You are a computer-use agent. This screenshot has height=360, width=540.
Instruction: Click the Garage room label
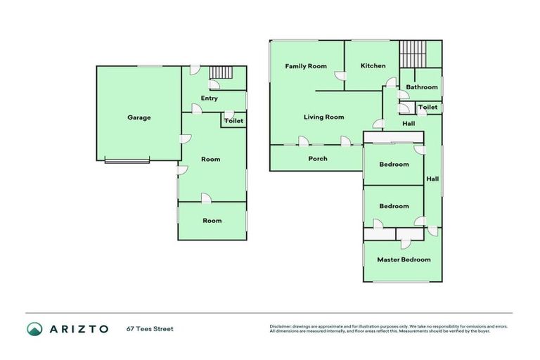pos(139,117)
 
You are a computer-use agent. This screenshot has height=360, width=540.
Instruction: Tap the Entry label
pos(210,98)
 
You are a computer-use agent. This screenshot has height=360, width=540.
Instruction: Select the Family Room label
pos(306,66)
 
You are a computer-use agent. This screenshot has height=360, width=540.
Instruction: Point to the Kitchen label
pos(373,66)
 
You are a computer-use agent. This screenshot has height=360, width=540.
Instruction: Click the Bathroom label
pos(422,87)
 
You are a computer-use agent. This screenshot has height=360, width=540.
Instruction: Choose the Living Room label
pos(324,117)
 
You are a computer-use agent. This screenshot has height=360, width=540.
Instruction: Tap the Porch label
pos(318,159)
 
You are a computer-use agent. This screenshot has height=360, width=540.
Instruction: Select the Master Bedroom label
pos(404,259)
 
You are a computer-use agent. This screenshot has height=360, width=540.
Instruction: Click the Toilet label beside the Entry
pos(234,121)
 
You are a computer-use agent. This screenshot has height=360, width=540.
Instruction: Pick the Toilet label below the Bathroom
pos(428,108)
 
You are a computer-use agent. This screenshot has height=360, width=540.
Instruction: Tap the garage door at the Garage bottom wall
pos(127,162)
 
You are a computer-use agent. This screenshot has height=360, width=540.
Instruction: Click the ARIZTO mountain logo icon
pos(35,328)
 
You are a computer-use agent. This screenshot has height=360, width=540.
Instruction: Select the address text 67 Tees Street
pos(150,328)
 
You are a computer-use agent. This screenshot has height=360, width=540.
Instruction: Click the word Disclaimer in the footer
pos(281,326)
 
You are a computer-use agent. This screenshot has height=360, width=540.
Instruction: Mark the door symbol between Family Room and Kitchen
pos(340,77)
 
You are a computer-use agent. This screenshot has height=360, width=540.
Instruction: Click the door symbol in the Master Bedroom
pos(406,243)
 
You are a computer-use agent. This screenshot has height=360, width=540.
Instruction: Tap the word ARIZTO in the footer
pos(78,328)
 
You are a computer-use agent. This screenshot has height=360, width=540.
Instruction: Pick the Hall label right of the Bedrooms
pos(433,179)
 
